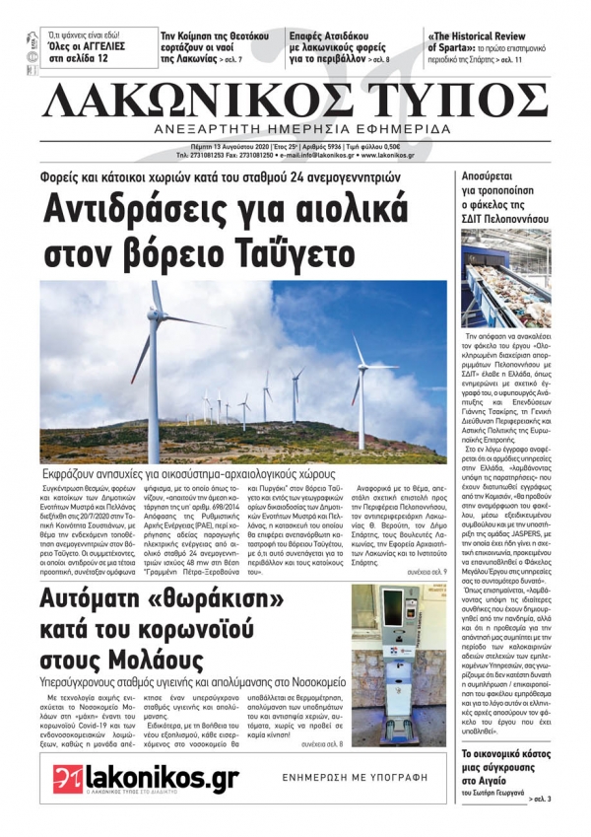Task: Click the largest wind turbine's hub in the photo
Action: (156, 314)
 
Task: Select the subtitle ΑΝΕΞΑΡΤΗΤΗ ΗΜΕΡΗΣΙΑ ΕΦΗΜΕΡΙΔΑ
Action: (295, 130)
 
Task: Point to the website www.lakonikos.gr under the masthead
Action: (403, 155)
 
